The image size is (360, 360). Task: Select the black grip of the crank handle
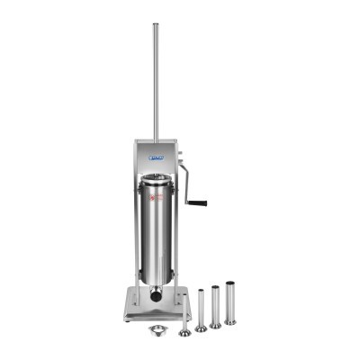coord(197,202)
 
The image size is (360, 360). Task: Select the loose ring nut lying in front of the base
coord(158,328)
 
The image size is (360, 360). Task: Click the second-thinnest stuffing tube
coord(200,310)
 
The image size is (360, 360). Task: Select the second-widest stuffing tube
coord(214,306)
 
